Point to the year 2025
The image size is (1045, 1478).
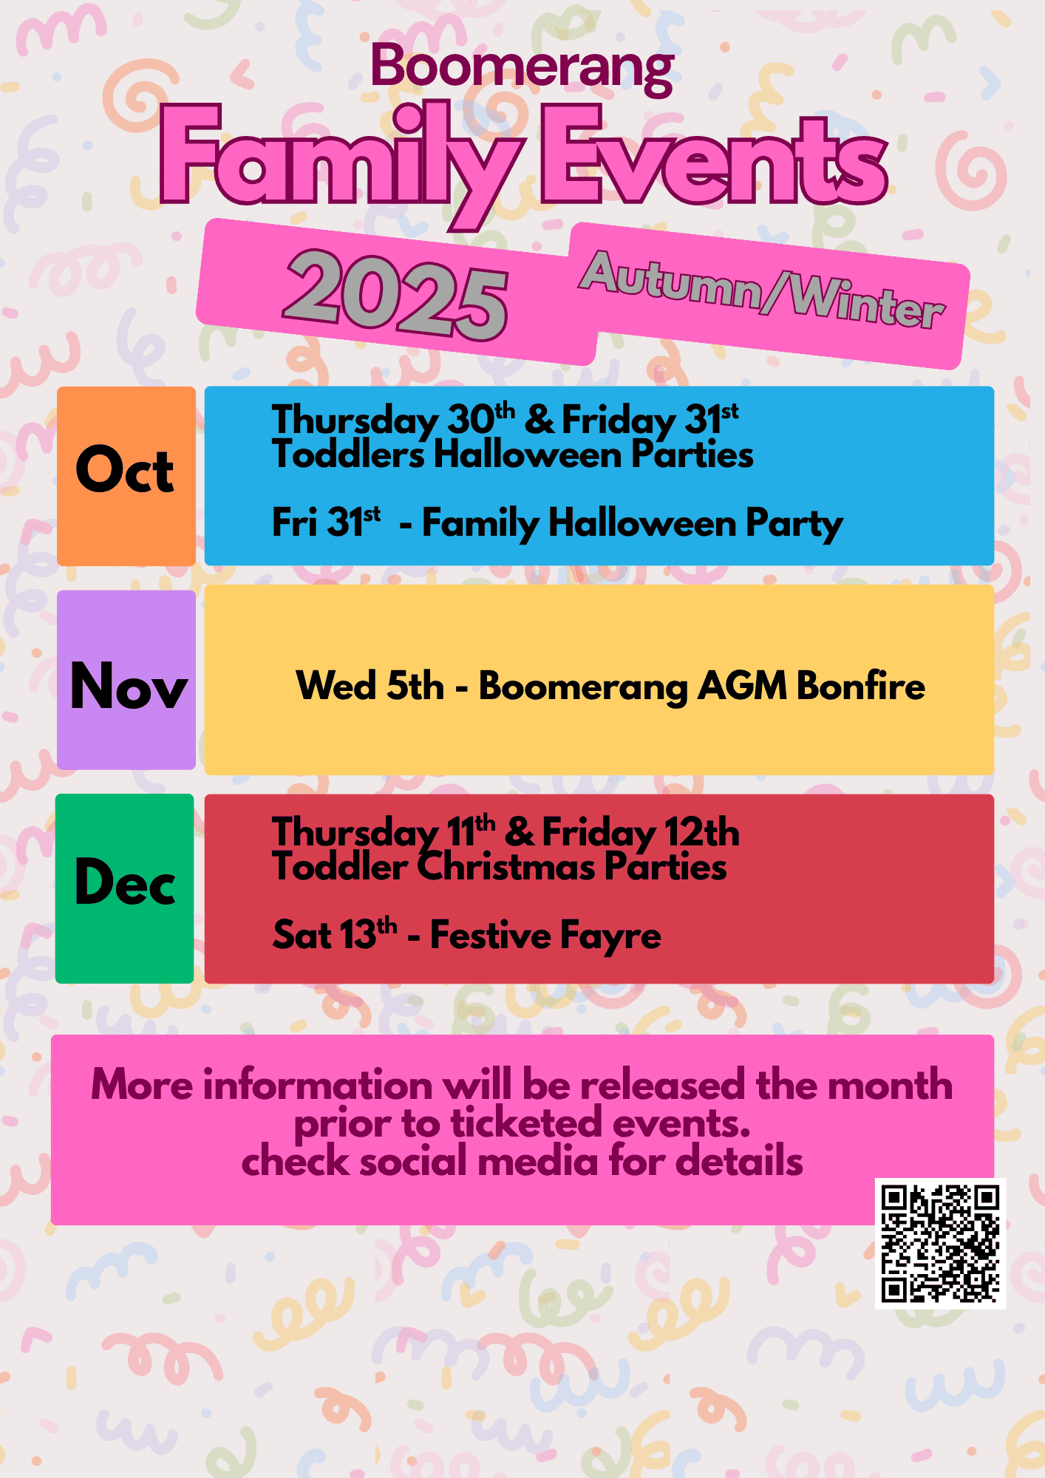pos(395,294)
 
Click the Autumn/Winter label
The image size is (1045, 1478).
pos(762,290)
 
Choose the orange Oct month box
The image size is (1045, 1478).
pos(126,476)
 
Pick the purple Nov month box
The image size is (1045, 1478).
pos(126,680)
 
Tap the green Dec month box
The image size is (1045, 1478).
pos(125,888)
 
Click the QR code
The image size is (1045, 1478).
pos(940,1244)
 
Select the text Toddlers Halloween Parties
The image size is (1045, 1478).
pos(513,454)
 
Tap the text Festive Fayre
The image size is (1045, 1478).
pos(545,935)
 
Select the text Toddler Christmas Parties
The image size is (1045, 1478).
pos(500,867)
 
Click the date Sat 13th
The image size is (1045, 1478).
pos(335,934)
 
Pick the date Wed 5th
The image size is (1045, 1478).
pos(370,686)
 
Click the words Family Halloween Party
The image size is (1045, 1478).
pos(633,524)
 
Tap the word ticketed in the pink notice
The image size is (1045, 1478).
pos(527,1123)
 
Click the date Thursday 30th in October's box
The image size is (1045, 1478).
pos(393,420)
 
